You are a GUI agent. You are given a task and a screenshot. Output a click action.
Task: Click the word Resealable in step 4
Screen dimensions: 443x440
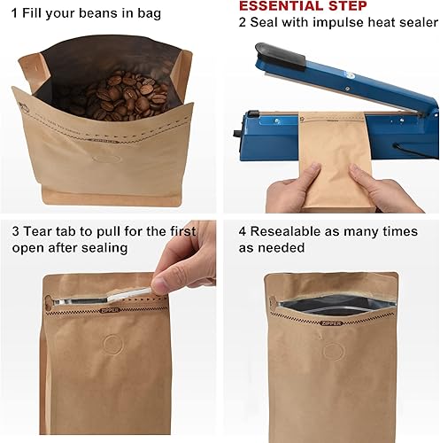(x=297, y=230)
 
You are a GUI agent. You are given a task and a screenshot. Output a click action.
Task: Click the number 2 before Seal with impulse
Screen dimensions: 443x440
(x=243, y=23)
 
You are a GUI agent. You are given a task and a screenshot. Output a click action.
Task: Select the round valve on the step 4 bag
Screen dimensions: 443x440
(x=333, y=352)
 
